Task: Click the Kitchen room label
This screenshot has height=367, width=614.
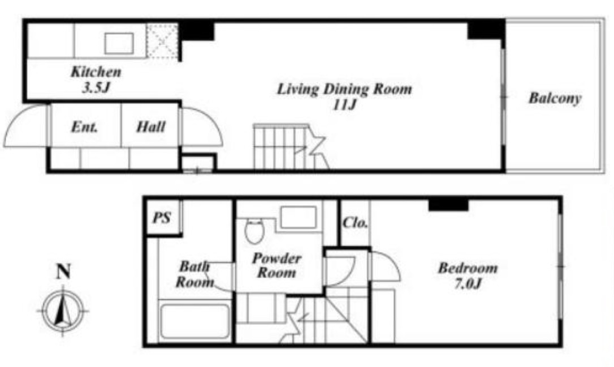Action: pos(96,72)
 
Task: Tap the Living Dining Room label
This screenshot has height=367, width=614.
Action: pos(344,89)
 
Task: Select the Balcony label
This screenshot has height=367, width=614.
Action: pos(555,98)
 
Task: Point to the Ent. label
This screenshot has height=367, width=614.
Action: pos(84,127)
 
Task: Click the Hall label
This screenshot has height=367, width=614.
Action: pos(151,127)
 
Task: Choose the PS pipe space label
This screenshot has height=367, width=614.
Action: pos(162,217)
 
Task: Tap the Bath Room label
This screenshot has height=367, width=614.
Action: pos(194,274)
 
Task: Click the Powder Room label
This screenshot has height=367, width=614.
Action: pos(276,265)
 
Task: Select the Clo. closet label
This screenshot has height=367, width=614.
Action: pos(355,222)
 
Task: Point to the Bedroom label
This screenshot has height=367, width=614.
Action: pos(468,268)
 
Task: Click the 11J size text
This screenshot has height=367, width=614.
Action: pos(344,104)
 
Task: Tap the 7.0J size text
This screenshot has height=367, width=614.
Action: pos(468,283)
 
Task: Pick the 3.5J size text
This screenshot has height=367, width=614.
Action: pos(96,88)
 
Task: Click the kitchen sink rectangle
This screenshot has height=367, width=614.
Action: pos(119,43)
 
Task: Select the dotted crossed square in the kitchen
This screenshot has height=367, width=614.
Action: pos(162,41)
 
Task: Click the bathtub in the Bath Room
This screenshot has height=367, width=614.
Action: pos(194,321)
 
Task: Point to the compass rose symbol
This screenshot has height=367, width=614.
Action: pos(63,311)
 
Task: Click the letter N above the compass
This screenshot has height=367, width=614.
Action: pos(63,271)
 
